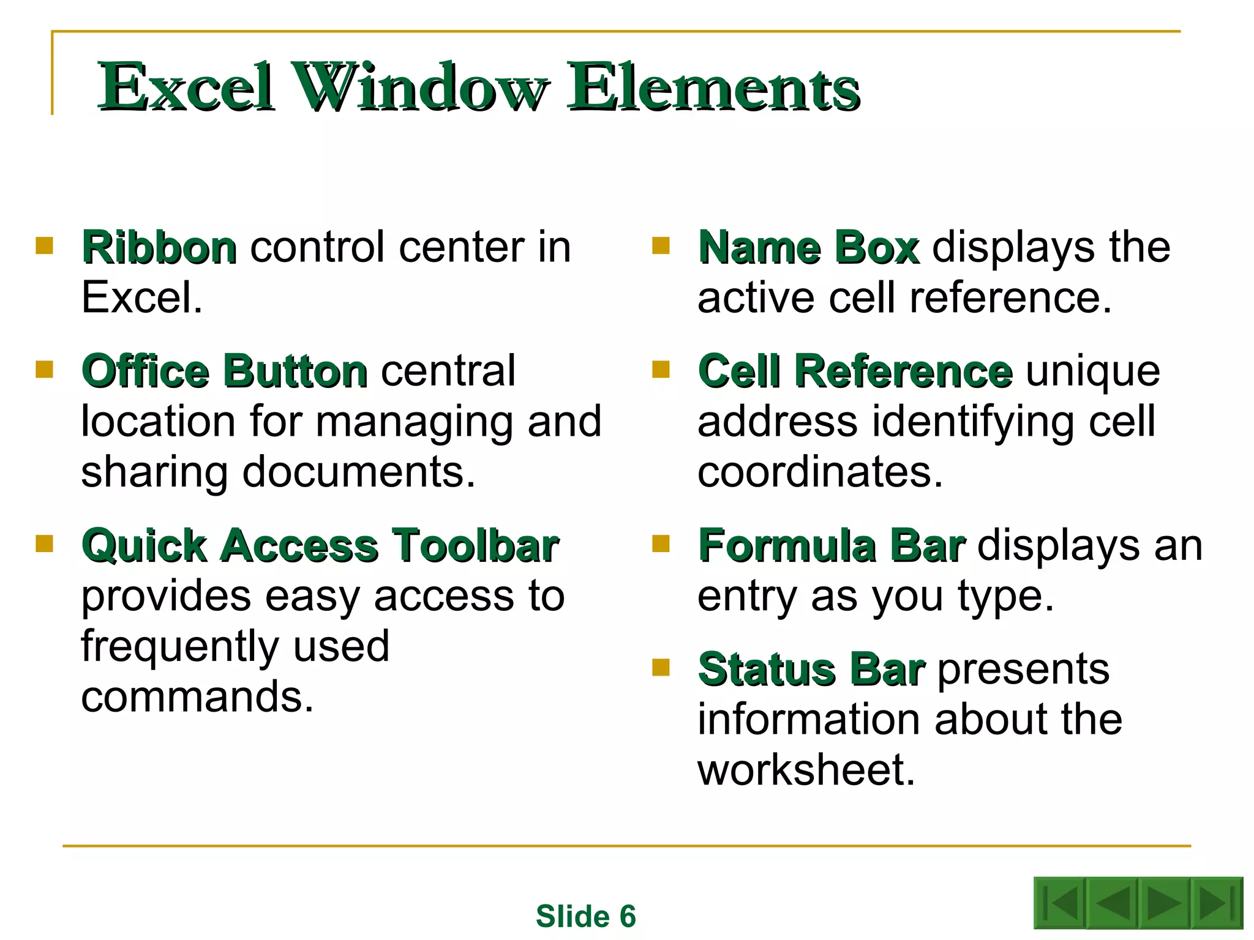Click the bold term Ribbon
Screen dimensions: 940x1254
coord(159,248)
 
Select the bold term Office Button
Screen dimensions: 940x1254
coord(225,371)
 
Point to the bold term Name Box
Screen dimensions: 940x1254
coord(808,248)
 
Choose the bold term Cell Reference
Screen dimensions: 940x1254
coord(855,371)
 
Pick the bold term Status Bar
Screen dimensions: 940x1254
coord(811,670)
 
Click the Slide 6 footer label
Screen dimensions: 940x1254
coord(586,916)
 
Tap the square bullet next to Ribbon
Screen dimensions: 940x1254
coord(45,246)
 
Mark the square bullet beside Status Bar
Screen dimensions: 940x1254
coord(661,667)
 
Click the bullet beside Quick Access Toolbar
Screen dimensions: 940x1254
coord(45,543)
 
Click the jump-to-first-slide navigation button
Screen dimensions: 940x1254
coord(1061,903)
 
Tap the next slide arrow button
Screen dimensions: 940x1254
coord(1163,903)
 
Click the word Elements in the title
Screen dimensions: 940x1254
coord(714,87)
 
